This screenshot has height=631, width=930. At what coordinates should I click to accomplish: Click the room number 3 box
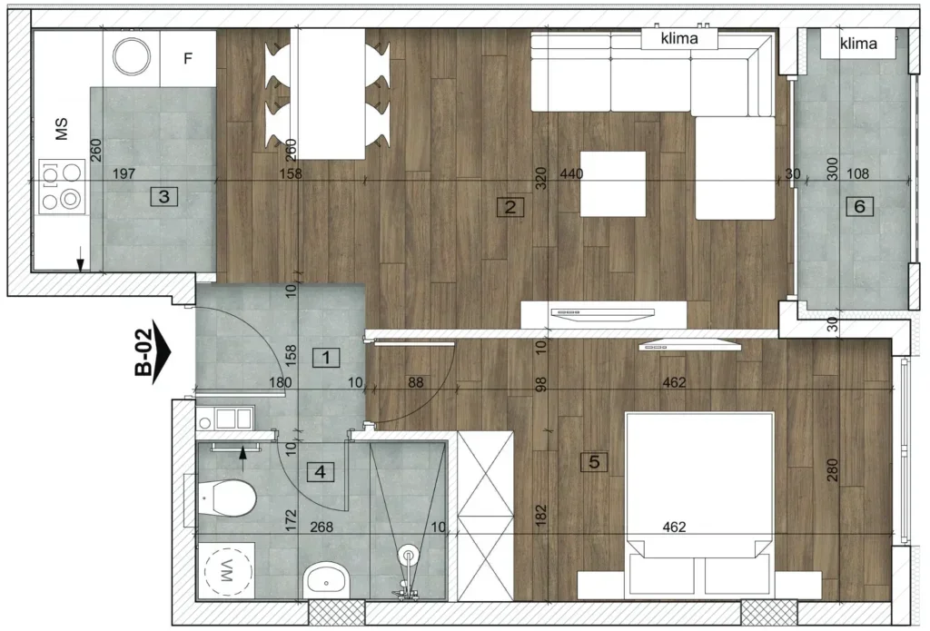(x=164, y=196)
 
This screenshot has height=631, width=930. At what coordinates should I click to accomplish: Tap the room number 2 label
(x=510, y=207)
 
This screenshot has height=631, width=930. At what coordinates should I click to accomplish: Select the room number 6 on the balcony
(x=859, y=206)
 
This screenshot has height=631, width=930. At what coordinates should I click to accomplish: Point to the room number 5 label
(x=594, y=461)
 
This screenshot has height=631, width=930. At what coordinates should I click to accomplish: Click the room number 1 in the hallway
(x=326, y=358)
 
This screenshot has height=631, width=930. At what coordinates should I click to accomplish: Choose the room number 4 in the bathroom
(x=321, y=472)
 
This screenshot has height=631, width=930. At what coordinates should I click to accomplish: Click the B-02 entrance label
(x=152, y=351)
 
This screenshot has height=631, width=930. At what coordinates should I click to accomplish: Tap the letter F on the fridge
(x=188, y=58)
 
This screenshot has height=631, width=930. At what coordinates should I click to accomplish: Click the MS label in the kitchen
(x=62, y=128)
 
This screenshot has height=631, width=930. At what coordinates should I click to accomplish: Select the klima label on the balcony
(x=858, y=44)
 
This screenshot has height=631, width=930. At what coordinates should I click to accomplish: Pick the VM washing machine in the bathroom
(x=228, y=570)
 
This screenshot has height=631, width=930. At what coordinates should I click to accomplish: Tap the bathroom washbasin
(x=326, y=580)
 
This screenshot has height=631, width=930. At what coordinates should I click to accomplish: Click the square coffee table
(x=613, y=183)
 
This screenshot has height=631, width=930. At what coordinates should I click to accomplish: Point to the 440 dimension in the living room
(x=571, y=173)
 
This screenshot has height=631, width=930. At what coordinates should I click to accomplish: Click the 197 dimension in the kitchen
(x=124, y=173)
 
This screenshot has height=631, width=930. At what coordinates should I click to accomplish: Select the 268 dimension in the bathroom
(x=322, y=527)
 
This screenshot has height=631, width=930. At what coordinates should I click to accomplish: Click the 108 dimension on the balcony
(x=857, y=173)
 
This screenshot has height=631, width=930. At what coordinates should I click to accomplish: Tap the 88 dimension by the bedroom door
(x=416, y=382)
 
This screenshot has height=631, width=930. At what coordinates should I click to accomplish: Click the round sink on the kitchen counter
(x=131, y=56)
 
